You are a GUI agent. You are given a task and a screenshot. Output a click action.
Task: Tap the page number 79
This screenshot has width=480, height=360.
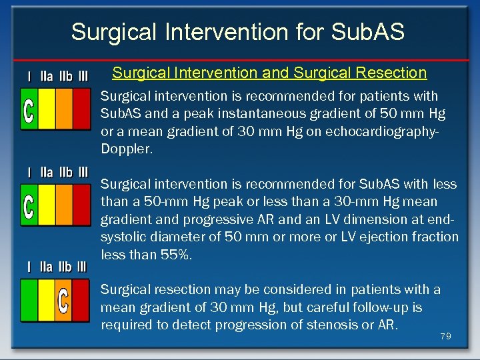click(445, 337)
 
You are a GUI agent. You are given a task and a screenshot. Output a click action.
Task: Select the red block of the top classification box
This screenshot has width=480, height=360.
click(81, 109)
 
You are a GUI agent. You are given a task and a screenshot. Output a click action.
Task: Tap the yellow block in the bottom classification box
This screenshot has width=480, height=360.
click(47, 300)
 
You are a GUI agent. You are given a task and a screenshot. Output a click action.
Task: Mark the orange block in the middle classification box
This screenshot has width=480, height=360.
click(64, 205)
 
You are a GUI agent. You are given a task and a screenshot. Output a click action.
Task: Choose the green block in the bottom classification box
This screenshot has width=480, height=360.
click(29, 300)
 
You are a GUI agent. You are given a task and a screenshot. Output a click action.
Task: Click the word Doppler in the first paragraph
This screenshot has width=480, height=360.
click(127, 149)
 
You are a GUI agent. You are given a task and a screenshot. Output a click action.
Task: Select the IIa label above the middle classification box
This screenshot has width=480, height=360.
click(47, 173)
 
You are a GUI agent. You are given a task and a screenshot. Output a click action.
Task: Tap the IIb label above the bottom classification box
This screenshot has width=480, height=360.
click(65, 267)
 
